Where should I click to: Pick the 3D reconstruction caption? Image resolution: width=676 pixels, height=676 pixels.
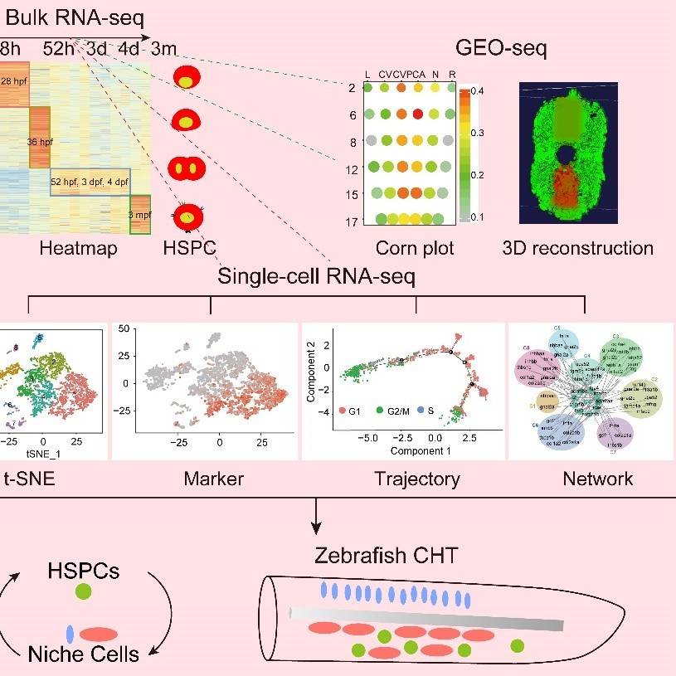[x=578, y=247]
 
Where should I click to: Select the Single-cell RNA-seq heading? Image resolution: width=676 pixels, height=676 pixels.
[x=316, y=276]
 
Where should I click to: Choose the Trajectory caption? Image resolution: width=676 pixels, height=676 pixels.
[x=416, y=479]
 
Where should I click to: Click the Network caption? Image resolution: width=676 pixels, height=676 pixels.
[x=597, y=479]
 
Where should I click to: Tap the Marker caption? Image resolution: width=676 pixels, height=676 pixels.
[x=215, y=479]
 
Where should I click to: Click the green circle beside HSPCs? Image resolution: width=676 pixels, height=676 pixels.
[x=82, y=591]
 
